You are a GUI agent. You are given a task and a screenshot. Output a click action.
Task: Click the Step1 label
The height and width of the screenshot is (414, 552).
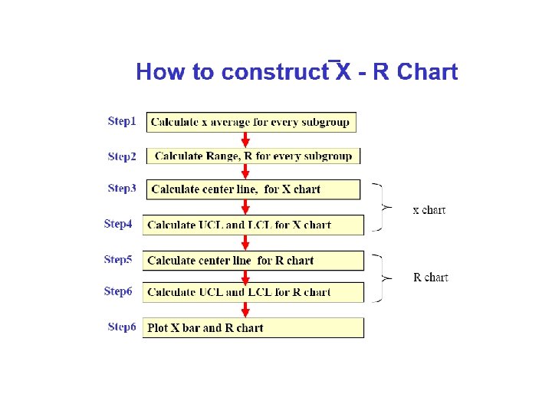click(122, 121)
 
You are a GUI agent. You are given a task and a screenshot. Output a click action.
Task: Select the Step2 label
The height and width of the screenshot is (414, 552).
click(122, 156)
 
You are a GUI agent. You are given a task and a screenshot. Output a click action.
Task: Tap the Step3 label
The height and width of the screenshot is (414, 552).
click(122, 189)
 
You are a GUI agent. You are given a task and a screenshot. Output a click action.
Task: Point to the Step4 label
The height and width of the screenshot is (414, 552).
click(118, 224)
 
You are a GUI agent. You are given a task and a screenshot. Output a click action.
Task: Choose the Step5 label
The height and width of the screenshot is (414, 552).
click(118, 259)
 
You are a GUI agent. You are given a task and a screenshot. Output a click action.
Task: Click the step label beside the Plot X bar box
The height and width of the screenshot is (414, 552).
click(122, 327)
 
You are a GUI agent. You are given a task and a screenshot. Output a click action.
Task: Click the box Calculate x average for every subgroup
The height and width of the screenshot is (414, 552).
click(251, 122)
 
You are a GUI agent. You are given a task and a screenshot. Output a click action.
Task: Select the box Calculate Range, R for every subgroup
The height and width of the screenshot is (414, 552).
click(253, 156)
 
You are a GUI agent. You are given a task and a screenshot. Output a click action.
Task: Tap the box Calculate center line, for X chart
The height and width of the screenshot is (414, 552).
click(252, 189)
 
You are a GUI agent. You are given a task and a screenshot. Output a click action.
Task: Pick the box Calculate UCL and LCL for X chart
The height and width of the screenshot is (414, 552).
click(253, 225)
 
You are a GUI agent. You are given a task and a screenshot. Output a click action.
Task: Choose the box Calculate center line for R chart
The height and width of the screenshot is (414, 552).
click(253, 261)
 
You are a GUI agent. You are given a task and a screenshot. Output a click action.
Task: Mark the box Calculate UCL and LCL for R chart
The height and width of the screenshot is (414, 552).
click(253, 292)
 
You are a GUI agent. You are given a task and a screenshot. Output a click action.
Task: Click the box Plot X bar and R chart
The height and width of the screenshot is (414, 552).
click(253, 328)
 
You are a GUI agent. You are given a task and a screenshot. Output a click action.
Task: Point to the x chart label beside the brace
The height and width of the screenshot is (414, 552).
click(429, 210)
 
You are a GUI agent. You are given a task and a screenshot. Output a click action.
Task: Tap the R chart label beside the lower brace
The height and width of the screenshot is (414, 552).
click(430, 278)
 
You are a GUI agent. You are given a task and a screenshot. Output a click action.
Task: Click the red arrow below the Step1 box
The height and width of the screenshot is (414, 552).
click(245, 140)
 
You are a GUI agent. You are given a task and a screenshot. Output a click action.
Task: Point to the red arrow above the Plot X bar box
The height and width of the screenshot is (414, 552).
click(245, 310)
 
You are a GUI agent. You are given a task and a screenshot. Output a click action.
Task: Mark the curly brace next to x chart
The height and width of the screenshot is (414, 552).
click(379, 207)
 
